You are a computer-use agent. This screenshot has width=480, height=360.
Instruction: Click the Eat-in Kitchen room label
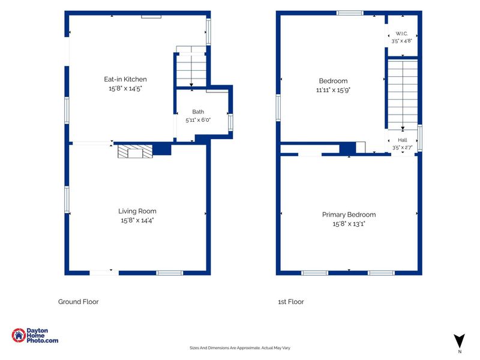125,79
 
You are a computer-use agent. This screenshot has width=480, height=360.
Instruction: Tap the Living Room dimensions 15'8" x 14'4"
137,220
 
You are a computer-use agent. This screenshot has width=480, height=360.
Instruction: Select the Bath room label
198,112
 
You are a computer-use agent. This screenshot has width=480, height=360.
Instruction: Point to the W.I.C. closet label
401,34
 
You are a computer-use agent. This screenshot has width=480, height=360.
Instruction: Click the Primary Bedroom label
349,215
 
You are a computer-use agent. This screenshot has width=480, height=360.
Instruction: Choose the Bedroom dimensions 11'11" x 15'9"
333,90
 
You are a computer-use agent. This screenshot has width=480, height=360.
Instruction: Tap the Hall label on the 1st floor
402,140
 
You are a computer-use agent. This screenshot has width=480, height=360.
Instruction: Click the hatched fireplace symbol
135,151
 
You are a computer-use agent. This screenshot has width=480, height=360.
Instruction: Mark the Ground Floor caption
79,302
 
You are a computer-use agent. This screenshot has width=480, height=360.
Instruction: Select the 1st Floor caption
291,302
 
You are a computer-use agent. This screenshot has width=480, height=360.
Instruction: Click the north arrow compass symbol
459,341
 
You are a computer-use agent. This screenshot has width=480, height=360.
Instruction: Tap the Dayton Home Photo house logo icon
19,335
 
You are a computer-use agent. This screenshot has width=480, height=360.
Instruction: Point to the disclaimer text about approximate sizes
239,348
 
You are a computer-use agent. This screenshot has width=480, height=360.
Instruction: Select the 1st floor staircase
403,95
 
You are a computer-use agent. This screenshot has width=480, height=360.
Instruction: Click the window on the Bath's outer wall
230,122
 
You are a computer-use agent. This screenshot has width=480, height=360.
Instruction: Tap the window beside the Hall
420,138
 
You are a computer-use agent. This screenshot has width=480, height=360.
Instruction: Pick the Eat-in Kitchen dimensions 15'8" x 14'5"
125,88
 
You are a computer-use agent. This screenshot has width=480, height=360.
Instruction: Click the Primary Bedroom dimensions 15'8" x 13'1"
349,224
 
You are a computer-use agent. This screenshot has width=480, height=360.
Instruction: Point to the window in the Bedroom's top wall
350,13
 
